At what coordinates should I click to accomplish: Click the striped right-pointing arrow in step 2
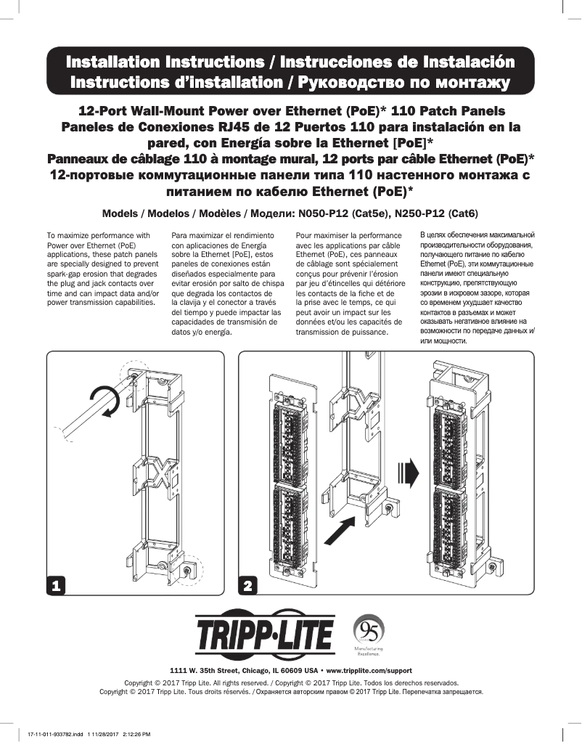click(x=410, y=473)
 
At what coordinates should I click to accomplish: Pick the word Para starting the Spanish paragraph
click(x=179, y=236)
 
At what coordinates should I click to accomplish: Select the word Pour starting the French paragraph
click(x=305, y=236)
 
